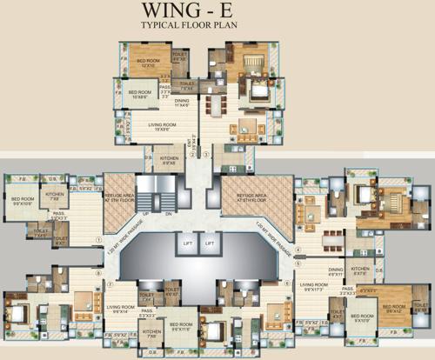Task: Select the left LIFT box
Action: click(188, 244)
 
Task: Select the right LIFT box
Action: click(209, 244)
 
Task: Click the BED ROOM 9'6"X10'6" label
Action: click(23, 201)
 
